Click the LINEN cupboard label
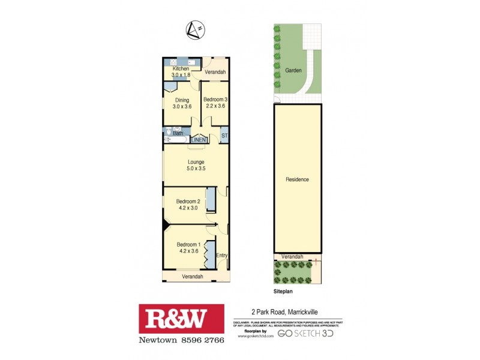tap(199, 140)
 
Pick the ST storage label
tap(224, 137)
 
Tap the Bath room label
tap(178, 133)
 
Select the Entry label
tap(221, 256)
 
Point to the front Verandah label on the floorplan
tap(192, 276)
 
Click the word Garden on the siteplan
tap(293, 70)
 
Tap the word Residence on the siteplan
tap(297, 179)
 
